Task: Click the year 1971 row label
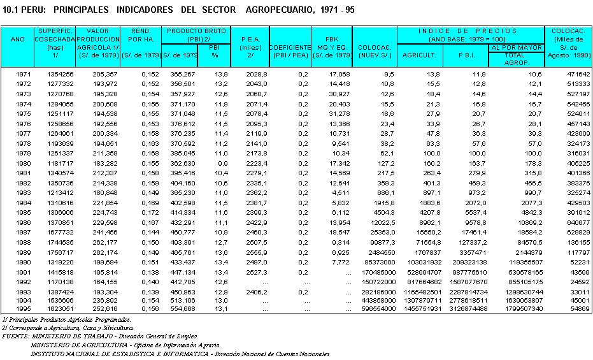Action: [23, 75]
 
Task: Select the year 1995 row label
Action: [23, 309]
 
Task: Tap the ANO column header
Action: [18, 39]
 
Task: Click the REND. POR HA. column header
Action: [140, 39]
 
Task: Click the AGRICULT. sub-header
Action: [420, 55]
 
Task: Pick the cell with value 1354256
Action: [60, 75]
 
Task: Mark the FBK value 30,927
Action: [339, 94]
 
